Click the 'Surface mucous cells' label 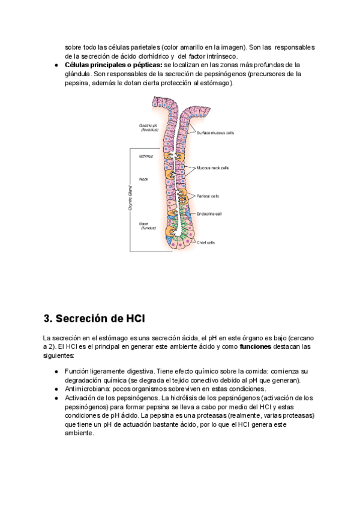[x=217, y=133]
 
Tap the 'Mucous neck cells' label [x=212, y=168]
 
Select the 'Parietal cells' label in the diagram [x=208, y=196]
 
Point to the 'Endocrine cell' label [x=210, y=213]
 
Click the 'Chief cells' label [x=206, y=242]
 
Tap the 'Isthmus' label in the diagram [x=146, y=156]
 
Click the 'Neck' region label [x=143, y=179]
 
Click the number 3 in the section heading [x=47, y=318]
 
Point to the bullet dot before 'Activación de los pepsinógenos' [x=56, y=398]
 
